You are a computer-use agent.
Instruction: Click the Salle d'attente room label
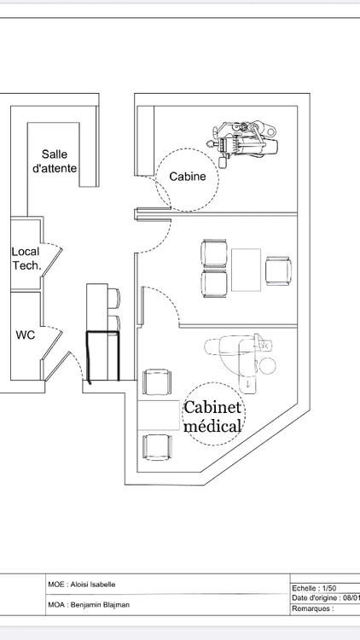point(55,161)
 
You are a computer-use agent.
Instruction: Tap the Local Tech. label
point(26,259)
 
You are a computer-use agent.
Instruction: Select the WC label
point(26,335)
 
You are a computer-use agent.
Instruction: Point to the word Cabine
point(188,177)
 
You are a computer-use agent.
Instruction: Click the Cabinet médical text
point(212,416)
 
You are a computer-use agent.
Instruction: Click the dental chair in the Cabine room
point(244,143)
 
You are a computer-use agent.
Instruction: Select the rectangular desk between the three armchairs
point(247,270)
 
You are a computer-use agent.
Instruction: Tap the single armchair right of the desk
point(278,271)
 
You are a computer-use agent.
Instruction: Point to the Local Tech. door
point(52,263)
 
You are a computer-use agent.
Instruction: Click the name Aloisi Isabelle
point(93,585)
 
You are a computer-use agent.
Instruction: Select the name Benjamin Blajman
point(101,605)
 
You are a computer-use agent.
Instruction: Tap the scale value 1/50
point(329,588)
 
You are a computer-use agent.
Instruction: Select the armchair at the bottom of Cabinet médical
point(157,448)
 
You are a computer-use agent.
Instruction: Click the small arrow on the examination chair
point(248,383)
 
